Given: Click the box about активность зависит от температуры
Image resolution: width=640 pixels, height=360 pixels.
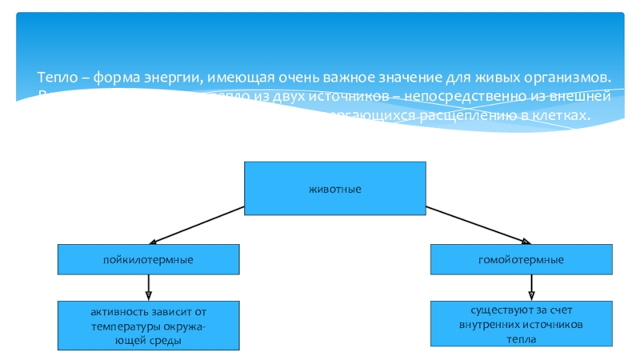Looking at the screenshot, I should (148, 326).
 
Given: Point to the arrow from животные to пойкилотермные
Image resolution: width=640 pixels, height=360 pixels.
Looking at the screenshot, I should (197, 223).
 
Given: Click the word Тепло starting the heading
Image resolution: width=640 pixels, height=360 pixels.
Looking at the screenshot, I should (55, 78).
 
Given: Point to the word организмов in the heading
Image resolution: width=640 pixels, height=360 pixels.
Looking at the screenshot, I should (566, 78).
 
